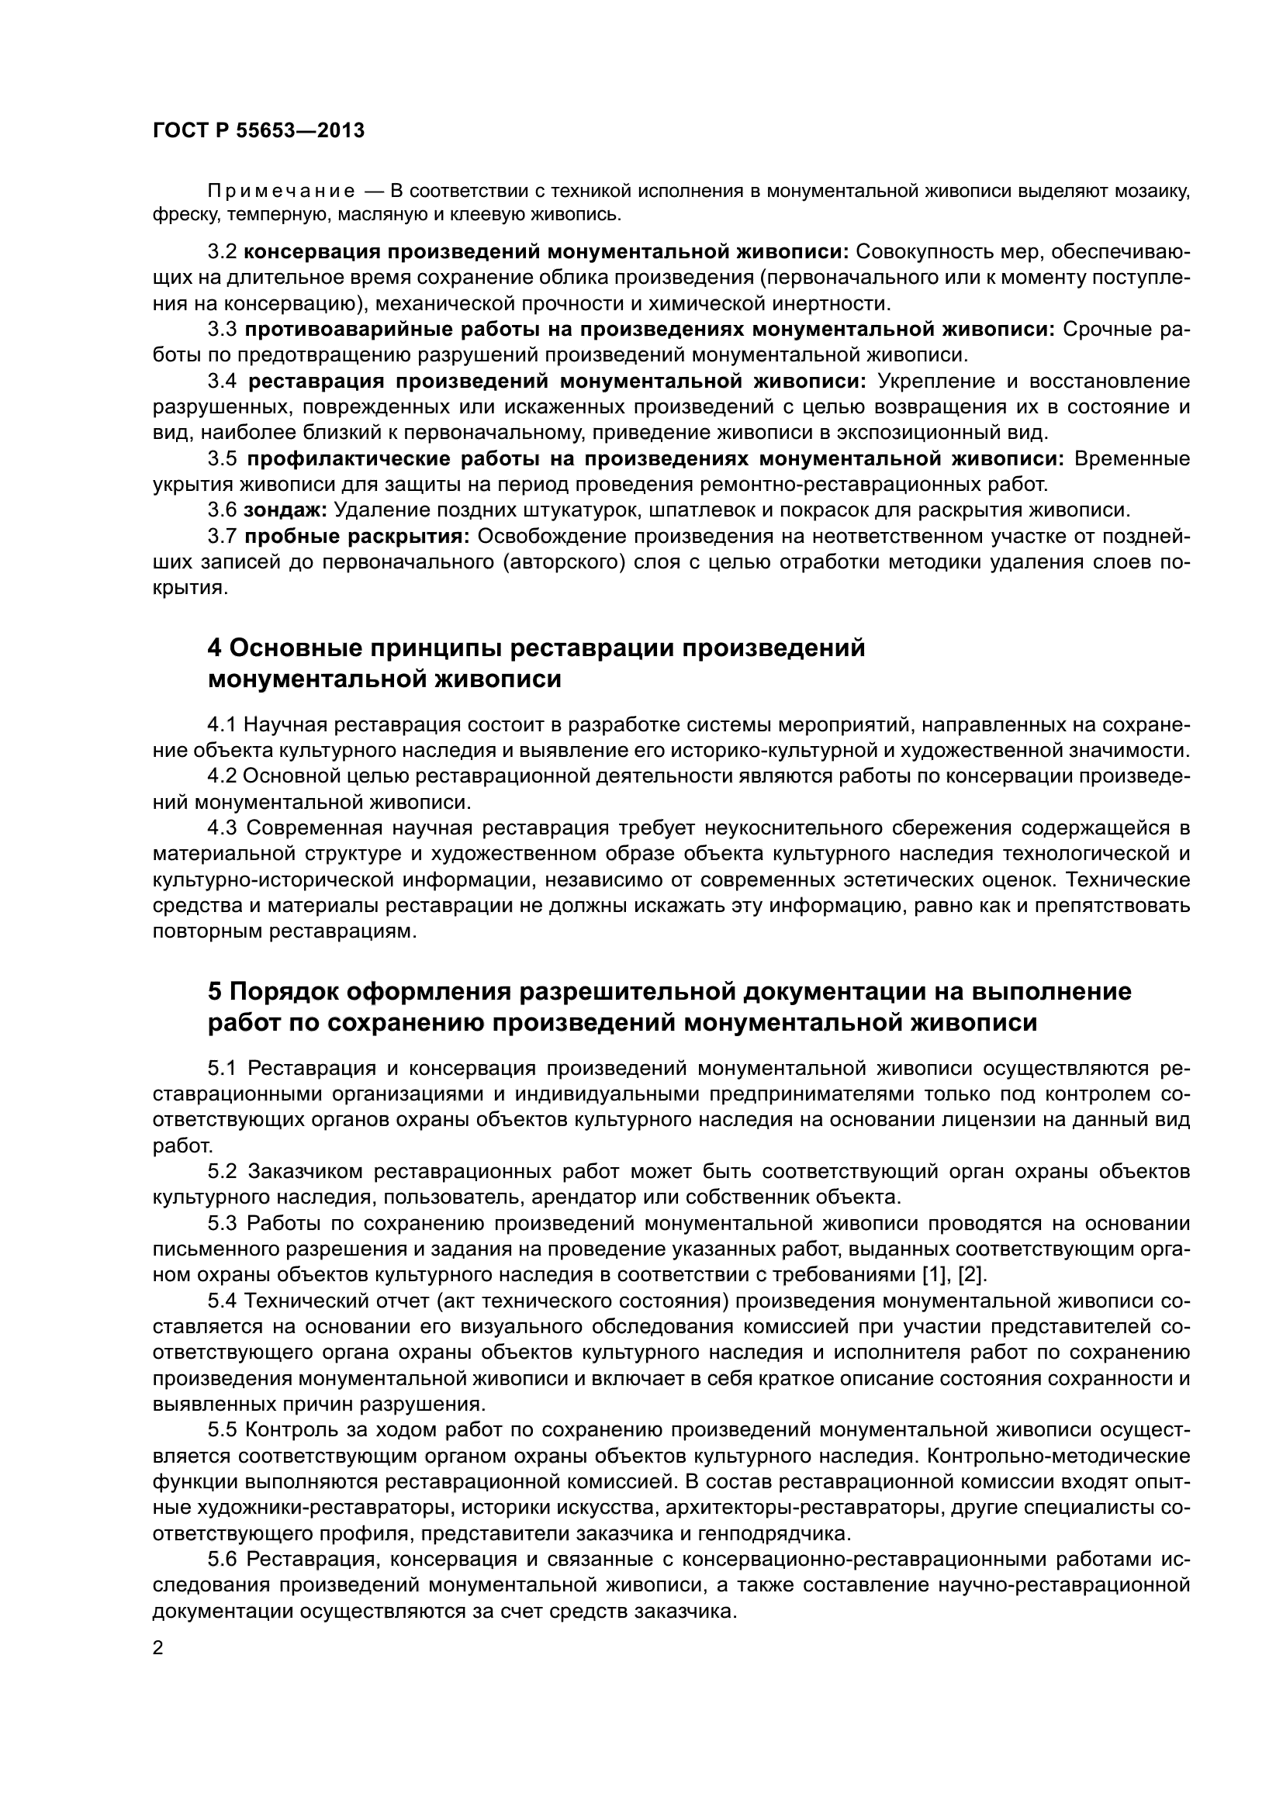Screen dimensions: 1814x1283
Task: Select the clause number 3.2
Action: (x=222, y=252)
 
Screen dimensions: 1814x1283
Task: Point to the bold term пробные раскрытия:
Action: (x=357, y=537)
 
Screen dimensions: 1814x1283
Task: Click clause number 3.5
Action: (x=222, y=459)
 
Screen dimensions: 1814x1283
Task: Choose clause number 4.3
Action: (x=222, y=828)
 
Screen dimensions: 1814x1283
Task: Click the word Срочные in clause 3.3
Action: (x=1106, y=330)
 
